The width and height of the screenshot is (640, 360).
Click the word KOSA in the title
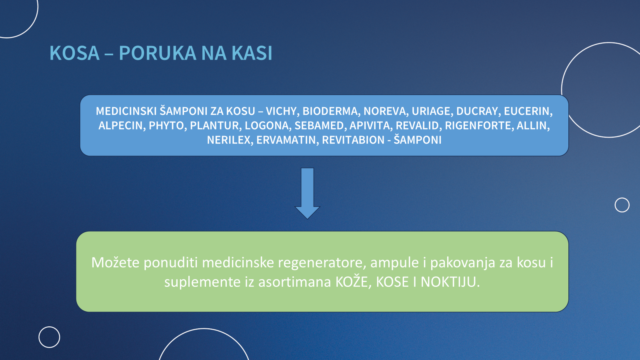point(74,53)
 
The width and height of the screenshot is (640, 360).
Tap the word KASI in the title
point(252,53)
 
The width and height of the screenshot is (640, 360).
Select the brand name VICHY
point(281,111)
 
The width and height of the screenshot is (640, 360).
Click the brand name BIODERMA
point(330,111)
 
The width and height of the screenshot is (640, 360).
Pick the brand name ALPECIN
point(120,126)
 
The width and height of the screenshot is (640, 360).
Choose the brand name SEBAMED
point(319,126)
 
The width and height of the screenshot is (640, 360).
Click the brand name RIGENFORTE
point(478,126)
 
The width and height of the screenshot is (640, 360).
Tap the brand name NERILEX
point(228,140)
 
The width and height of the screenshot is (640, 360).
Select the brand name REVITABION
point(353,140)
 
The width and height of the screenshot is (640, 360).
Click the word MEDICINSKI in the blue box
point(126,111)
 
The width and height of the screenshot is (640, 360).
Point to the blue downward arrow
point(307,194)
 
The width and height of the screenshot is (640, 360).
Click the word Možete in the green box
point(115,262)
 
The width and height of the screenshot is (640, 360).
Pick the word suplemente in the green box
point(202,282)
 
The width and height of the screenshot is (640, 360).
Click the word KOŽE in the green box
point(351,282)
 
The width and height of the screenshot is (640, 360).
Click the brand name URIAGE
point(431,111)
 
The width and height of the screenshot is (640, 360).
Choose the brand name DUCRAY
point(477,111)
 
